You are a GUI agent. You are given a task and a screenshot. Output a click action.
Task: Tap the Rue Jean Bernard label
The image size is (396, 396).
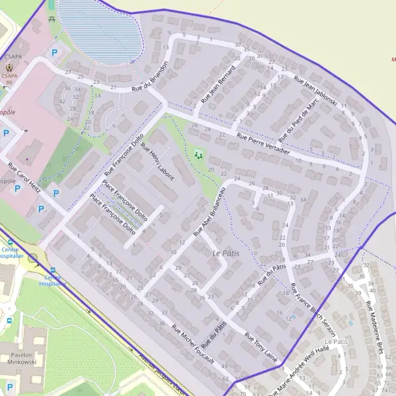[x=218, y=84]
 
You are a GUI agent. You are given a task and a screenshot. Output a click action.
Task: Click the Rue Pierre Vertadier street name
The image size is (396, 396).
[x=263, y=144]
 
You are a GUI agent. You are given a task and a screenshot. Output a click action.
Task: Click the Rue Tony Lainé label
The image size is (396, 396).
[x=260, y=348]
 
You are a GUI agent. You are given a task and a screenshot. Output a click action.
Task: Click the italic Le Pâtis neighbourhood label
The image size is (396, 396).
[x=226, y=253]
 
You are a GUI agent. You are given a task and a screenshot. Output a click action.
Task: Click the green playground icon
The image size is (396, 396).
[x=198, y=156]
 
